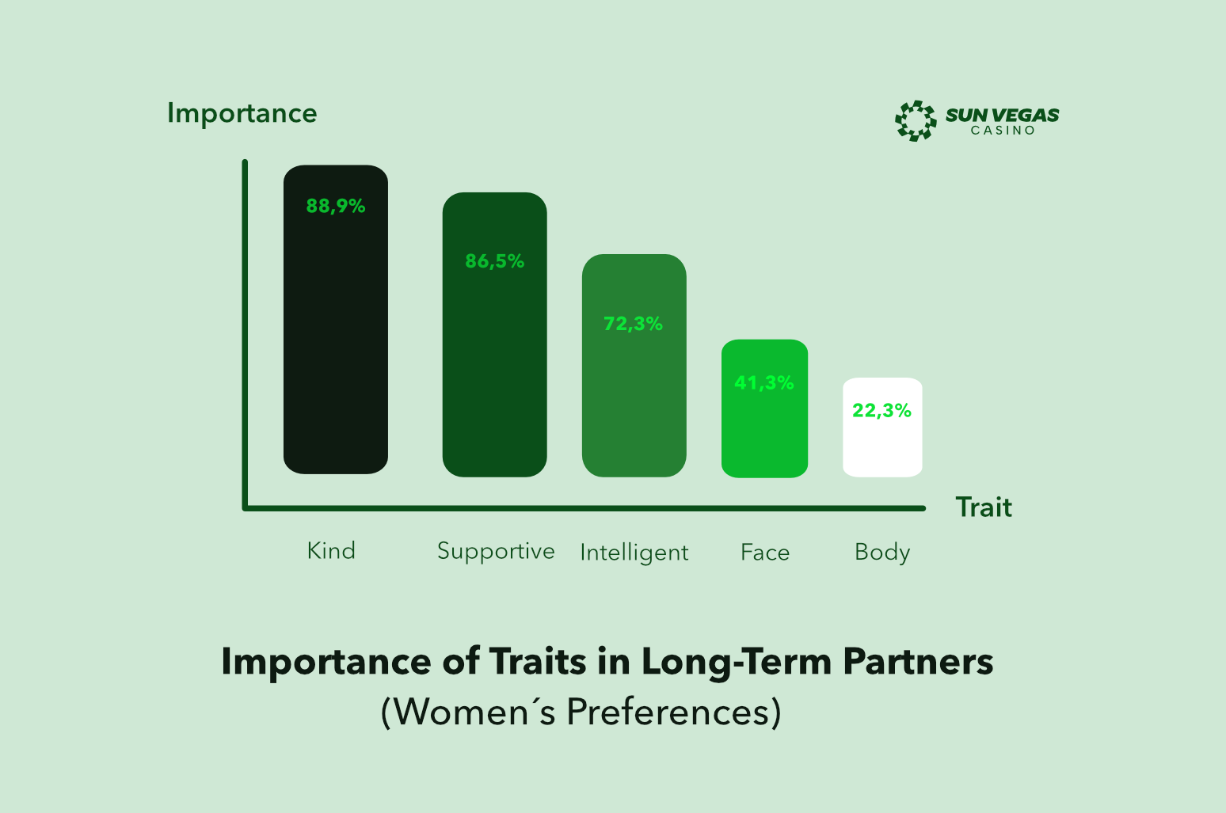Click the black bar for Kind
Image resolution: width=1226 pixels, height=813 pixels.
(x=336, y=320)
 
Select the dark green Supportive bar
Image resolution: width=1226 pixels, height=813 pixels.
(x=495, y=335)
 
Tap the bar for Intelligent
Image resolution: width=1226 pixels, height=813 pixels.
(x=634, y=366)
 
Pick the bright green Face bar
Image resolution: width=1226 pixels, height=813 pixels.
(x=764, y=408)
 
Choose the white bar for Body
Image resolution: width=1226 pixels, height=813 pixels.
(x=882, y=427)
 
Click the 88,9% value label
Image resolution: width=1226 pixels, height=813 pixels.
(x=336, y=207)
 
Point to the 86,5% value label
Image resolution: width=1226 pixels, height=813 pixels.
(x=495, y=261)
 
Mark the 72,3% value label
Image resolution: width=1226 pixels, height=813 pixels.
(x=634, y=324)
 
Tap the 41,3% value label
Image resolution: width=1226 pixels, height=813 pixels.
(x=764, y=382)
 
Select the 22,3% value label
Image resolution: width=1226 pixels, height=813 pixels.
(x=881, y=410)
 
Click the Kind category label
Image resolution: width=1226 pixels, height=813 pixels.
(x=331, y=550)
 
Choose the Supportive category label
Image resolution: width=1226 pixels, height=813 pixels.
(x=496, y=552)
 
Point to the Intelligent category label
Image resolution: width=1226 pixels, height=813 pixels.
(x=634, y=553)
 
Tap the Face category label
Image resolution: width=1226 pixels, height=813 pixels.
(x=765, y=553)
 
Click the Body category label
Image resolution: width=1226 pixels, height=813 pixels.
(x=882, y=553)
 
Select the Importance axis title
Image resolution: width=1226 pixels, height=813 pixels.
(x=242, y=114)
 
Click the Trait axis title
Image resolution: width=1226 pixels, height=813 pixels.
(x=984, y=507)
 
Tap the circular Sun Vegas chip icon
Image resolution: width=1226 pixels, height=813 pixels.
(x=916, y=120)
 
